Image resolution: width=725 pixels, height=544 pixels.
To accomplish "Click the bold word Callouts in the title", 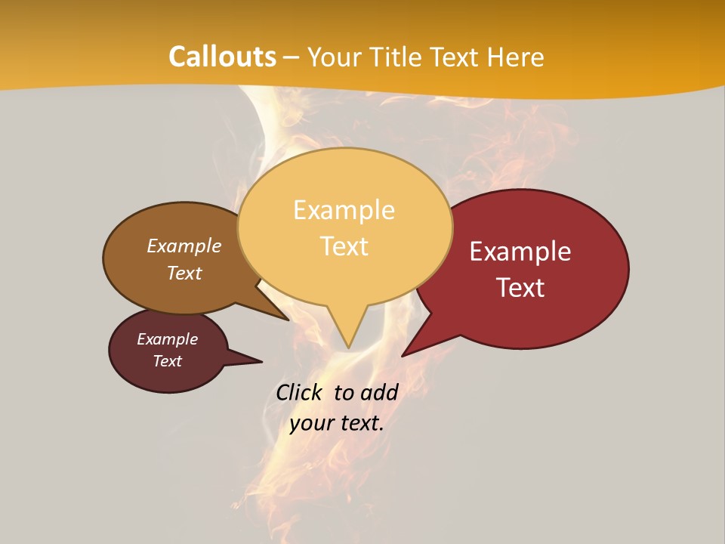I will tap(222, 57).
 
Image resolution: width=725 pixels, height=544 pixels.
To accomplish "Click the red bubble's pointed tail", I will tap(412, 348).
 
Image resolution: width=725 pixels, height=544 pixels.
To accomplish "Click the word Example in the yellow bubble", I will tap(344, 210).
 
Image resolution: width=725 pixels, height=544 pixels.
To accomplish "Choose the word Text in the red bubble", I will tap(520, 288).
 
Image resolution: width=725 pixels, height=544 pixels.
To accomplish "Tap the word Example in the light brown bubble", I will tap(184, 246).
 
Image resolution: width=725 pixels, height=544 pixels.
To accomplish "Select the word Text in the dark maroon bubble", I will tap(167, 361).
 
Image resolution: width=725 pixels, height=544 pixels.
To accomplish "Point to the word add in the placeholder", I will tap(378, 392).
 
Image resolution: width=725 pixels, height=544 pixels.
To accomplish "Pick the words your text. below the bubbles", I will tap(336, 423).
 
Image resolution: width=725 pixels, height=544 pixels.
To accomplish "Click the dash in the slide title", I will tap(292, 57).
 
